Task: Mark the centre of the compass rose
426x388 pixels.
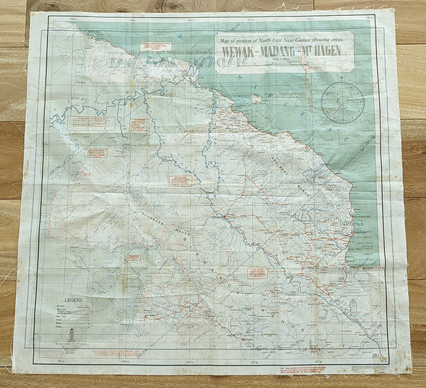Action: pyautogui.click(x=342, y=102)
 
